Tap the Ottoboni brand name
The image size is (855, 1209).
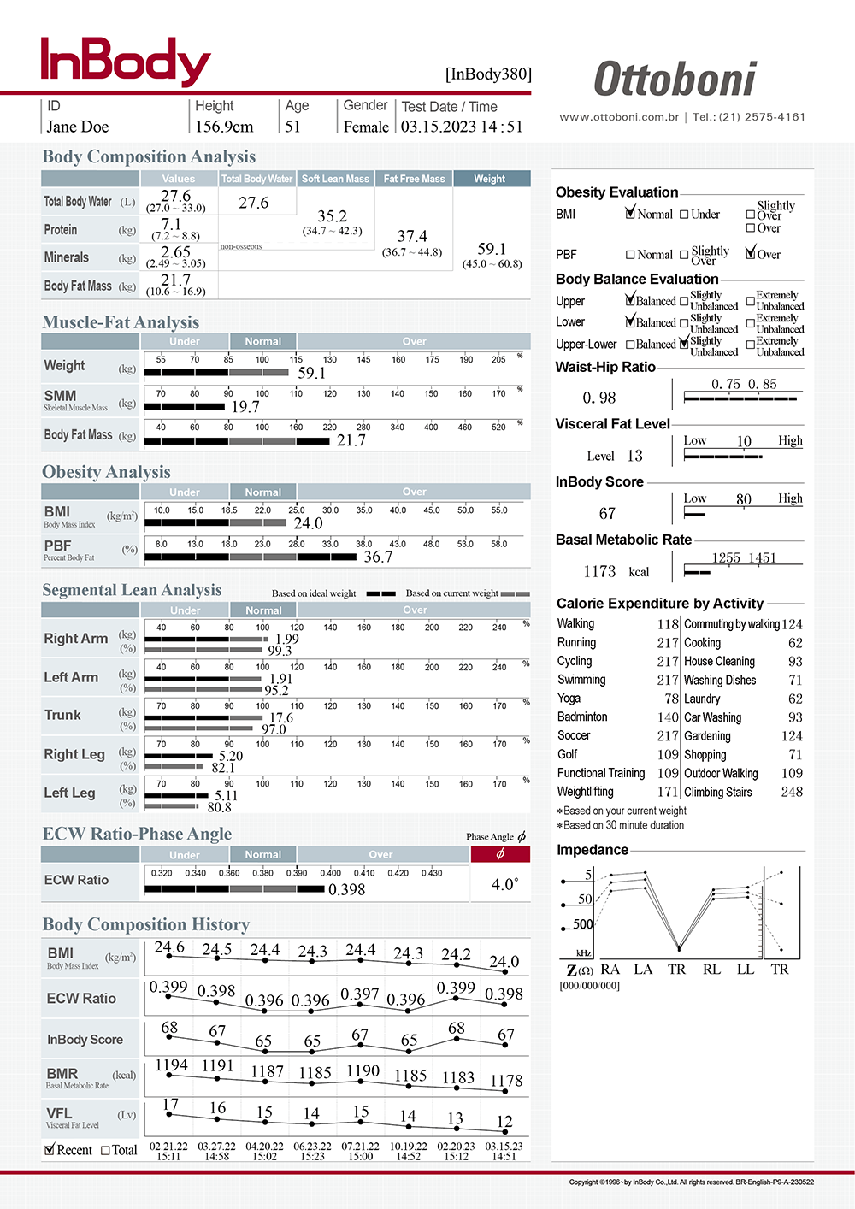(x=675, y=80)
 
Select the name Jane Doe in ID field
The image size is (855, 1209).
(x=78, y=127)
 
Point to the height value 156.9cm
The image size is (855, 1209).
(x=224, y=127)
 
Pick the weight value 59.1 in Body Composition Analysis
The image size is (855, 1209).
(x=492, y=249)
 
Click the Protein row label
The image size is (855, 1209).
(x=61, y=230)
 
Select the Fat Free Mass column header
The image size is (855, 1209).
(x=414, y=179)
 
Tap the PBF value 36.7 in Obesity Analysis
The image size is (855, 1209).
(x=378, y=557)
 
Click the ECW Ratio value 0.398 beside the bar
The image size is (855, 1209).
(x=346, y=889)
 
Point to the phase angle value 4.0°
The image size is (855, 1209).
(x=504, y=884)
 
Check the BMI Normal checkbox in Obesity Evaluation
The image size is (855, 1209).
(x=631, y=214)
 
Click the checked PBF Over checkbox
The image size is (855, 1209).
(x=751, y=253)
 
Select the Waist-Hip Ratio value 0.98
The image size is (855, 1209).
(x=598, y=398)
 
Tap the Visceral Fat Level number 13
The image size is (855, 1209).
(x=634, y=456)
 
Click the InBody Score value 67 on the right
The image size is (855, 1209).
(x=607, y=513)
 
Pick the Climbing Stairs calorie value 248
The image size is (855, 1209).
(x=792, y=792)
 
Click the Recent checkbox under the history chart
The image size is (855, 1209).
(x=50, y=1150)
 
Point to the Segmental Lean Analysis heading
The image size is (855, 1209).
(x=132, y=590)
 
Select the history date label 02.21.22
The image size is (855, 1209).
(x=168, y=1146)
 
